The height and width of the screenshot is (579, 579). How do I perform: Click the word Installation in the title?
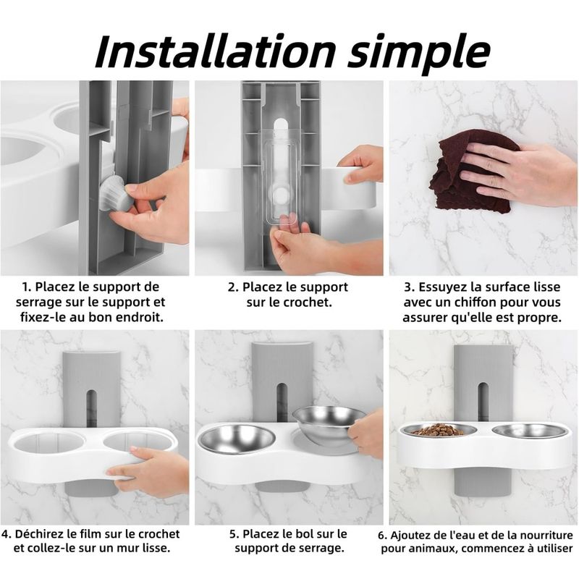pyautogui.click(x=215, y=51)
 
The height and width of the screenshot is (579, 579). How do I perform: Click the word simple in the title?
pyautogui.click(x=419, y=53)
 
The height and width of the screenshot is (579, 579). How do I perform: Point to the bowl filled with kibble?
pyautogui.click(x=439, y=431)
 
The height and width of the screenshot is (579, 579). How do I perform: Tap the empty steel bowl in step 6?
pyautogui.click(x=530, y=431)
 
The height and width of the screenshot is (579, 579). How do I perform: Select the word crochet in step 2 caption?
pyautogui.click(x=308, y=303)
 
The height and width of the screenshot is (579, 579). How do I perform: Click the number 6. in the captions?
pyautogui.click(x=383, y=536)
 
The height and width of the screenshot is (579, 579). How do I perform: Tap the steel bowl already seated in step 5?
pyautogui.click(x=237, y=439)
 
